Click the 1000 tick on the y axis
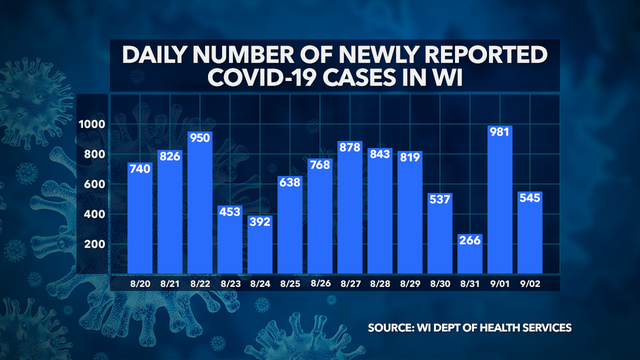point(94,124)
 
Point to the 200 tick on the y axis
point(95,244)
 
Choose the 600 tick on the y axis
point(95,184)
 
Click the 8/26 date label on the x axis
point(319,285)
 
